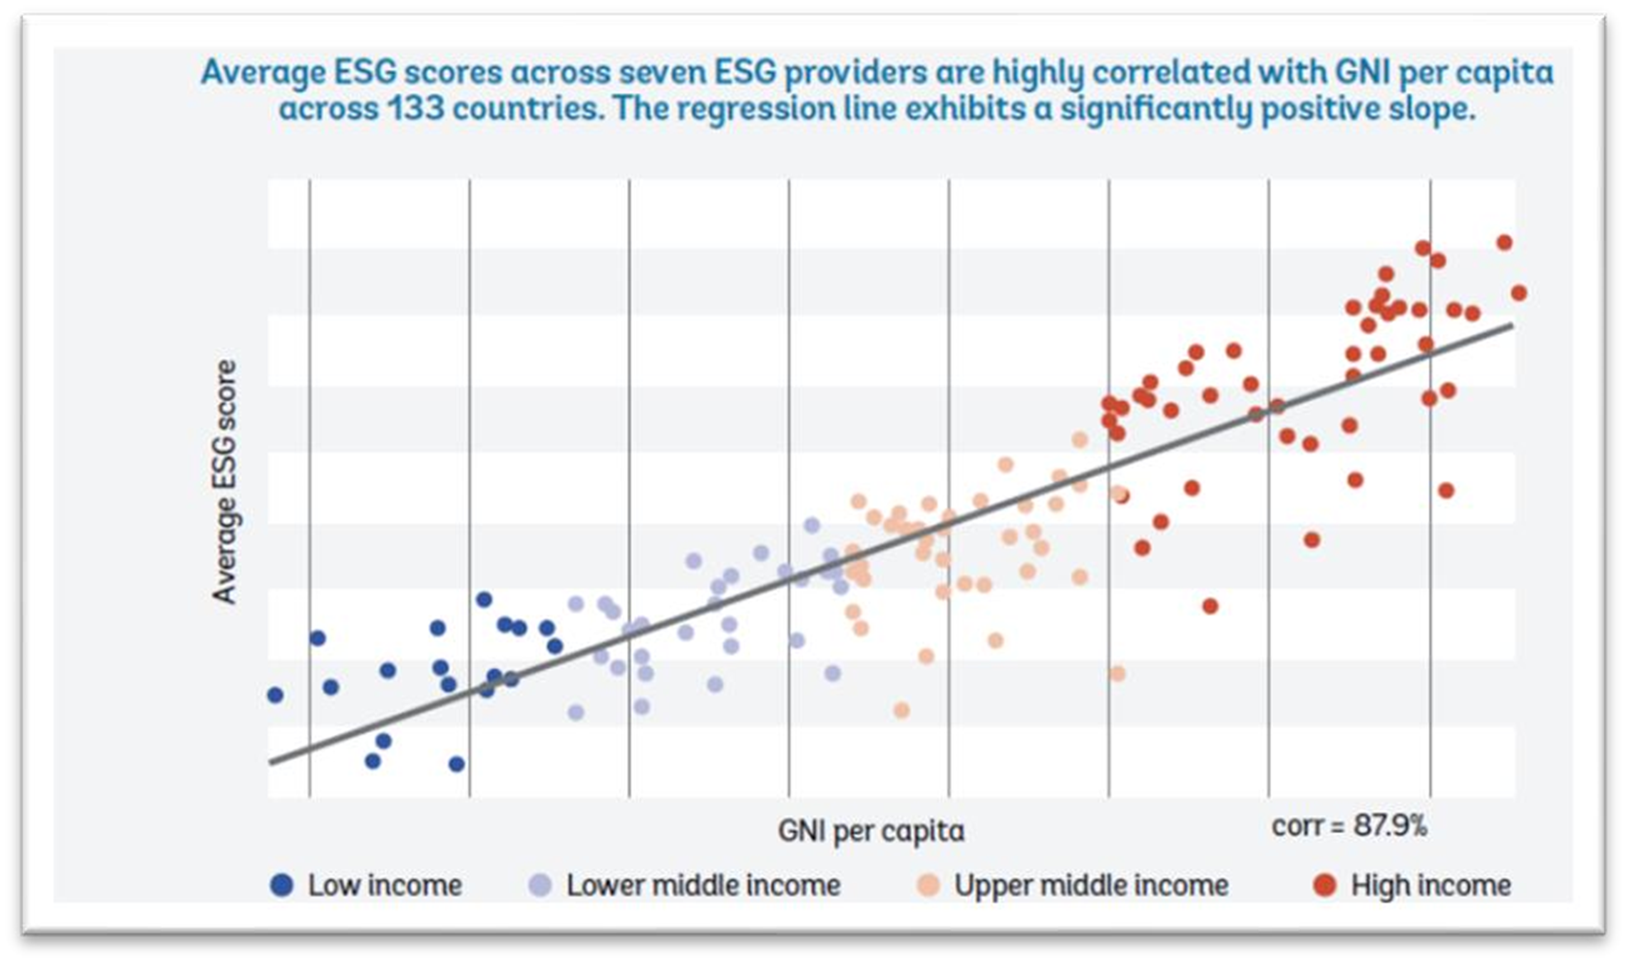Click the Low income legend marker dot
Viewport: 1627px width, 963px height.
282,885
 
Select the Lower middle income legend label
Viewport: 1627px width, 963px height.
703,885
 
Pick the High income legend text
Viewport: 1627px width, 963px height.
1431,885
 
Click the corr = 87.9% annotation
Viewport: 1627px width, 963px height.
1349,826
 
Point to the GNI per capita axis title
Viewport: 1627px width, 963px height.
871,831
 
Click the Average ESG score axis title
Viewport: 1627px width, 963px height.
225,482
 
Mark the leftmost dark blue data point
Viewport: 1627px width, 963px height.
275,695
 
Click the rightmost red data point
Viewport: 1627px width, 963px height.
1519,293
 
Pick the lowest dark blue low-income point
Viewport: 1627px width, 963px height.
456,764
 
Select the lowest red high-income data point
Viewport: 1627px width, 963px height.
1210,606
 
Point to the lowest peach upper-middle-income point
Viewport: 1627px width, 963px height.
901,710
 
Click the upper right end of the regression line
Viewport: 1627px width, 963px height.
1512,325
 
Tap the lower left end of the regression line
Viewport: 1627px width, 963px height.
271,762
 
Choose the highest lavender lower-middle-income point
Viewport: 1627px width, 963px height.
812,525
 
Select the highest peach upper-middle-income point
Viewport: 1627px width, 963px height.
1079,440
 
